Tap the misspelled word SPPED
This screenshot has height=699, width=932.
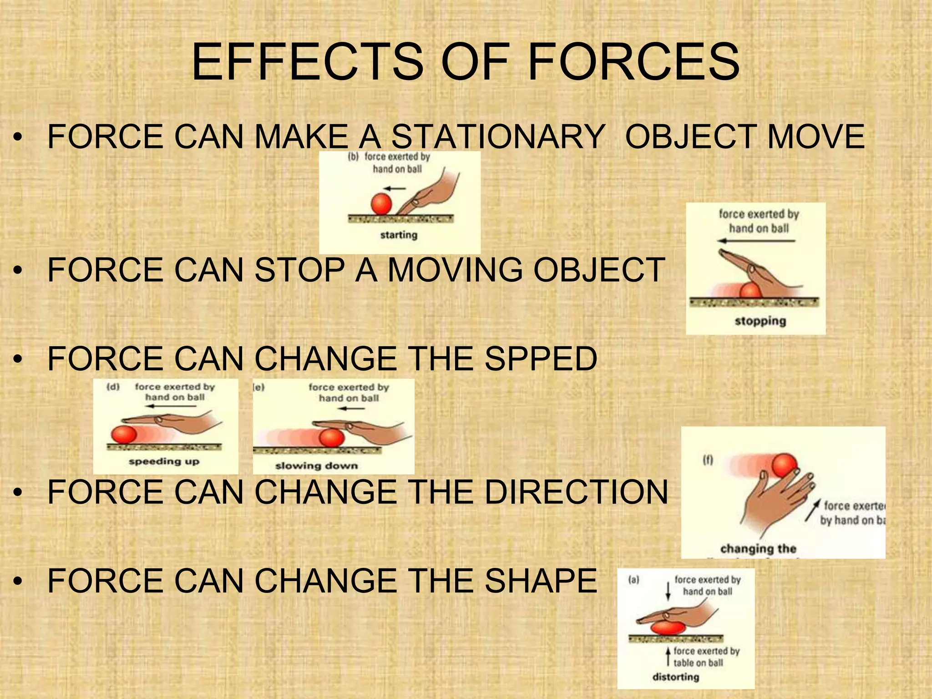pyautogui.click(x=541, y=358)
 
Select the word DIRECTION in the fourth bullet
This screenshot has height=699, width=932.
pyautogui.click(x=576, y=492)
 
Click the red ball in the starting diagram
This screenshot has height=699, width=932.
pyautogui.click(x=381, y=203)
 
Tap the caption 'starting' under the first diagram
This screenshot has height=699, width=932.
pyautogui.click(x=399, y=235)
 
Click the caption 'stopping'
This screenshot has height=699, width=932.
pyautogui.click(x=760, y=321)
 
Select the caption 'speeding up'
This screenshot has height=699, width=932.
pyautogui.click(x=164, y=461)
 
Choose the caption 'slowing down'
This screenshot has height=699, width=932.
pyautogui.click(x=316, y=466)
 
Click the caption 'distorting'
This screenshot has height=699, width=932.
pyautogui.click(x=676, y=677)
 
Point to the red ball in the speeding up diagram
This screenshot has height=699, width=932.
pyautogui.click(x=124, y=434)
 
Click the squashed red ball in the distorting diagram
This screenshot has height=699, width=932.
pyautogui.click(x=668, y=628)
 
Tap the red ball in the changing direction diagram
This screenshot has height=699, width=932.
pyautogui.click(x=785, y=465)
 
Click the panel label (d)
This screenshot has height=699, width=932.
pyautogui.click(x=113, y=387)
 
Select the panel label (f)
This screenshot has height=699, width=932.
pyautogui.click(x=708, y=460)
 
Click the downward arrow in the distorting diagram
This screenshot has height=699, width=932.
pyautogui.click(x=668, y=590)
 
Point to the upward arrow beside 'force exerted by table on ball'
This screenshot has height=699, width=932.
pyautogui.click(x=668, y=657)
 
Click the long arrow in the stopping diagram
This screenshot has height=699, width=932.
pyautogui.click(x=756, y=241)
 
